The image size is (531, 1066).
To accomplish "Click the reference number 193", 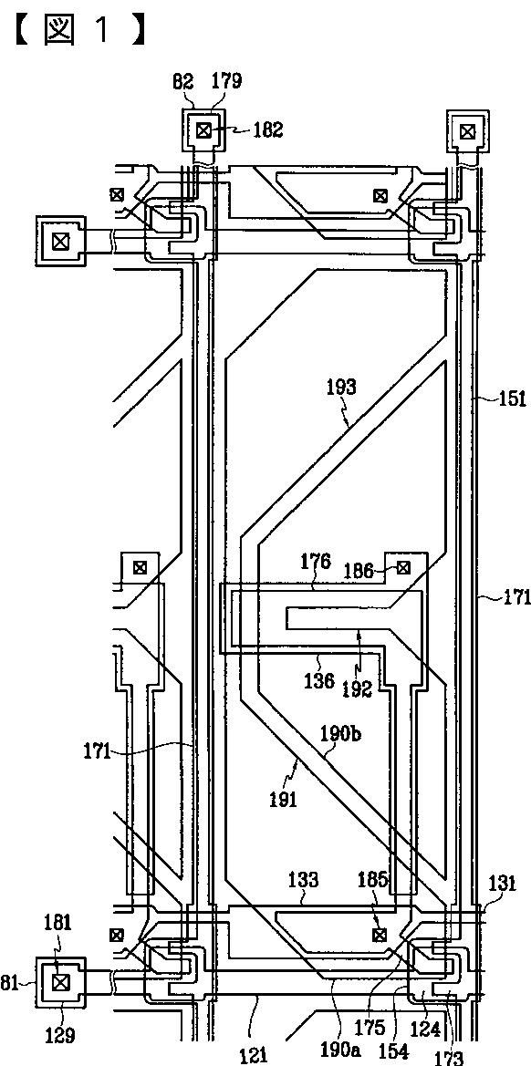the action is (x=340, y=388).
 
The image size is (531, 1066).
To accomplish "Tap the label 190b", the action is (x=339, y=734).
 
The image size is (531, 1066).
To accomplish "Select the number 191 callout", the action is (x=282, y=800).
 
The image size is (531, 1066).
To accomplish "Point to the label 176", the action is (x=316, y=562).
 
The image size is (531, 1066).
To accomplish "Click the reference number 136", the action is (x=318, y=679).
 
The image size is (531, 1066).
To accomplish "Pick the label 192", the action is (x=357, y=688).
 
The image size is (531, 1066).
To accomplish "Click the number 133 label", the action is (x=303, y=880).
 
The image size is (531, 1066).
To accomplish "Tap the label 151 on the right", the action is (x=513, y=398).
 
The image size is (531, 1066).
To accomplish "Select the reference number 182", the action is (x=267, y=129).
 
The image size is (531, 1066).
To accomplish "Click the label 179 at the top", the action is (x=226, y=81).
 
